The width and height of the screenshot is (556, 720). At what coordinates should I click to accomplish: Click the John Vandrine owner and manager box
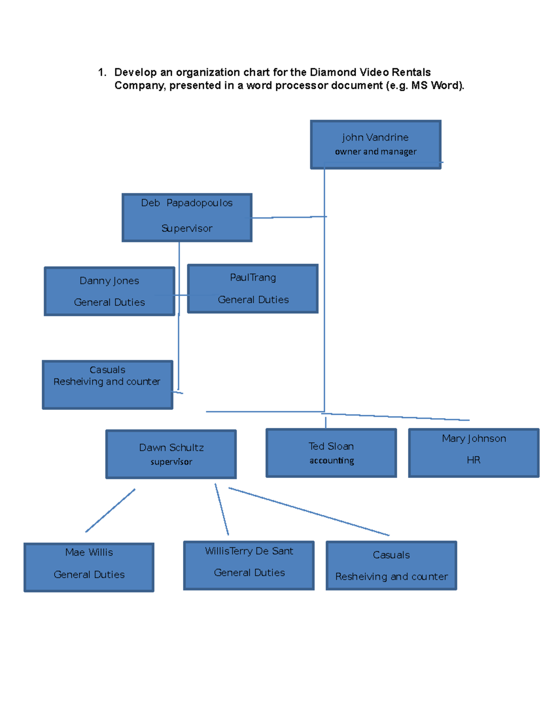[375, 144]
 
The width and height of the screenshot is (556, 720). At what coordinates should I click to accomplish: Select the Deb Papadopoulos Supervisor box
[187, 217]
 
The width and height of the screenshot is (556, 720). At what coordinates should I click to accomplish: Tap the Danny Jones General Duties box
[109, 291]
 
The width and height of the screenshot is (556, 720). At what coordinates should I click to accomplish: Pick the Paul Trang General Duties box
[253, 288]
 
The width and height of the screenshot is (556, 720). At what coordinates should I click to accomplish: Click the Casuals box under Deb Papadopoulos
[107, 385]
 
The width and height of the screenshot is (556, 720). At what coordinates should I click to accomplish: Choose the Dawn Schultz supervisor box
[171, 454]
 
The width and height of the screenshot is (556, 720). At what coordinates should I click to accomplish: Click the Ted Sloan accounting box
[331, 452]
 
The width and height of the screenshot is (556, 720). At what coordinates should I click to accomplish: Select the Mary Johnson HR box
[474, 452]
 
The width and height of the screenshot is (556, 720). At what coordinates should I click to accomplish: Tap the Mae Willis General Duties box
[89, 567]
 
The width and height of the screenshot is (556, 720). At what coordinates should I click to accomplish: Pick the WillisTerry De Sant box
[249, 565]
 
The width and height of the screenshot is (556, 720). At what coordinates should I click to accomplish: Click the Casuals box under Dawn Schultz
[392, 565]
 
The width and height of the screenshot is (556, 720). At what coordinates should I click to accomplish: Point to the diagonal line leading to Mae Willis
[110, 510]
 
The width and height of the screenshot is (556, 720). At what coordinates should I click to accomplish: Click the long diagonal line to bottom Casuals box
[309, 511]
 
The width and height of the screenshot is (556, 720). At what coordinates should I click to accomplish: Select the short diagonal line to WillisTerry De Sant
[222, 510]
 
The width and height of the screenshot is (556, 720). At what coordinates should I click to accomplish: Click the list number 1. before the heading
[102, 72]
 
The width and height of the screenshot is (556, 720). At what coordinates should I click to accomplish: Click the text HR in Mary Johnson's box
[474, 460]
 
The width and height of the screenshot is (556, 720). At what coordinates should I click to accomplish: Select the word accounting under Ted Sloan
[332, 460]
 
